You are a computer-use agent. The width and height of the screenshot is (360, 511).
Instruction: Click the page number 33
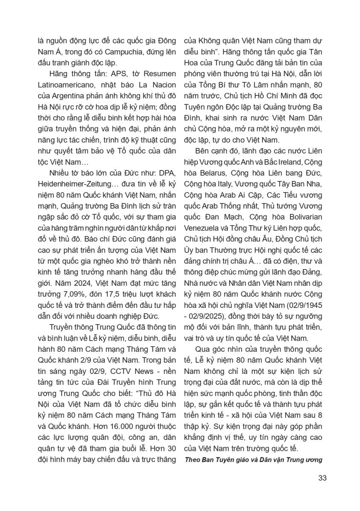point(322,477)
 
